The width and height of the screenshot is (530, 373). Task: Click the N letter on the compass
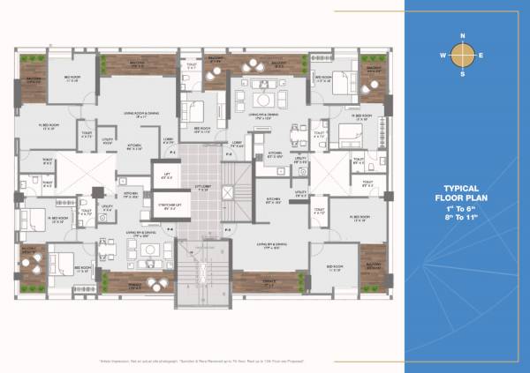coord(463,36)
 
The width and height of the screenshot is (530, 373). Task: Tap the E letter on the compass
coord(482,56)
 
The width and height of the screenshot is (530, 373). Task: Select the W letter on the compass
coord(443,56)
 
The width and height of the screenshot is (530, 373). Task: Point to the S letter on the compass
coord(463,75)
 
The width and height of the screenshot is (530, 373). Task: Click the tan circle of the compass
coord(463,56)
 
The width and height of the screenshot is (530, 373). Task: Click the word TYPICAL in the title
coord(462,188)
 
